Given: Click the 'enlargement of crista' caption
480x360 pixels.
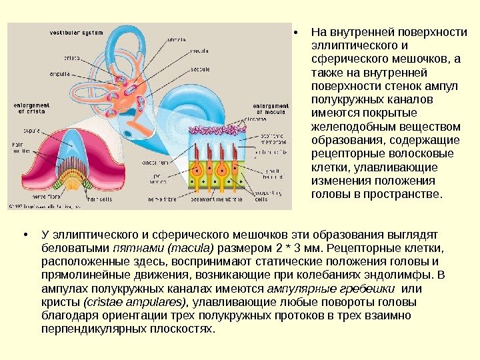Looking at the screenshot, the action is point(30,108).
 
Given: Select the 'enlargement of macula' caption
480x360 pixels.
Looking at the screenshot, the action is point(270,109).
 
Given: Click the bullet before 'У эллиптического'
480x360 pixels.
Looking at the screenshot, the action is point(25,235).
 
